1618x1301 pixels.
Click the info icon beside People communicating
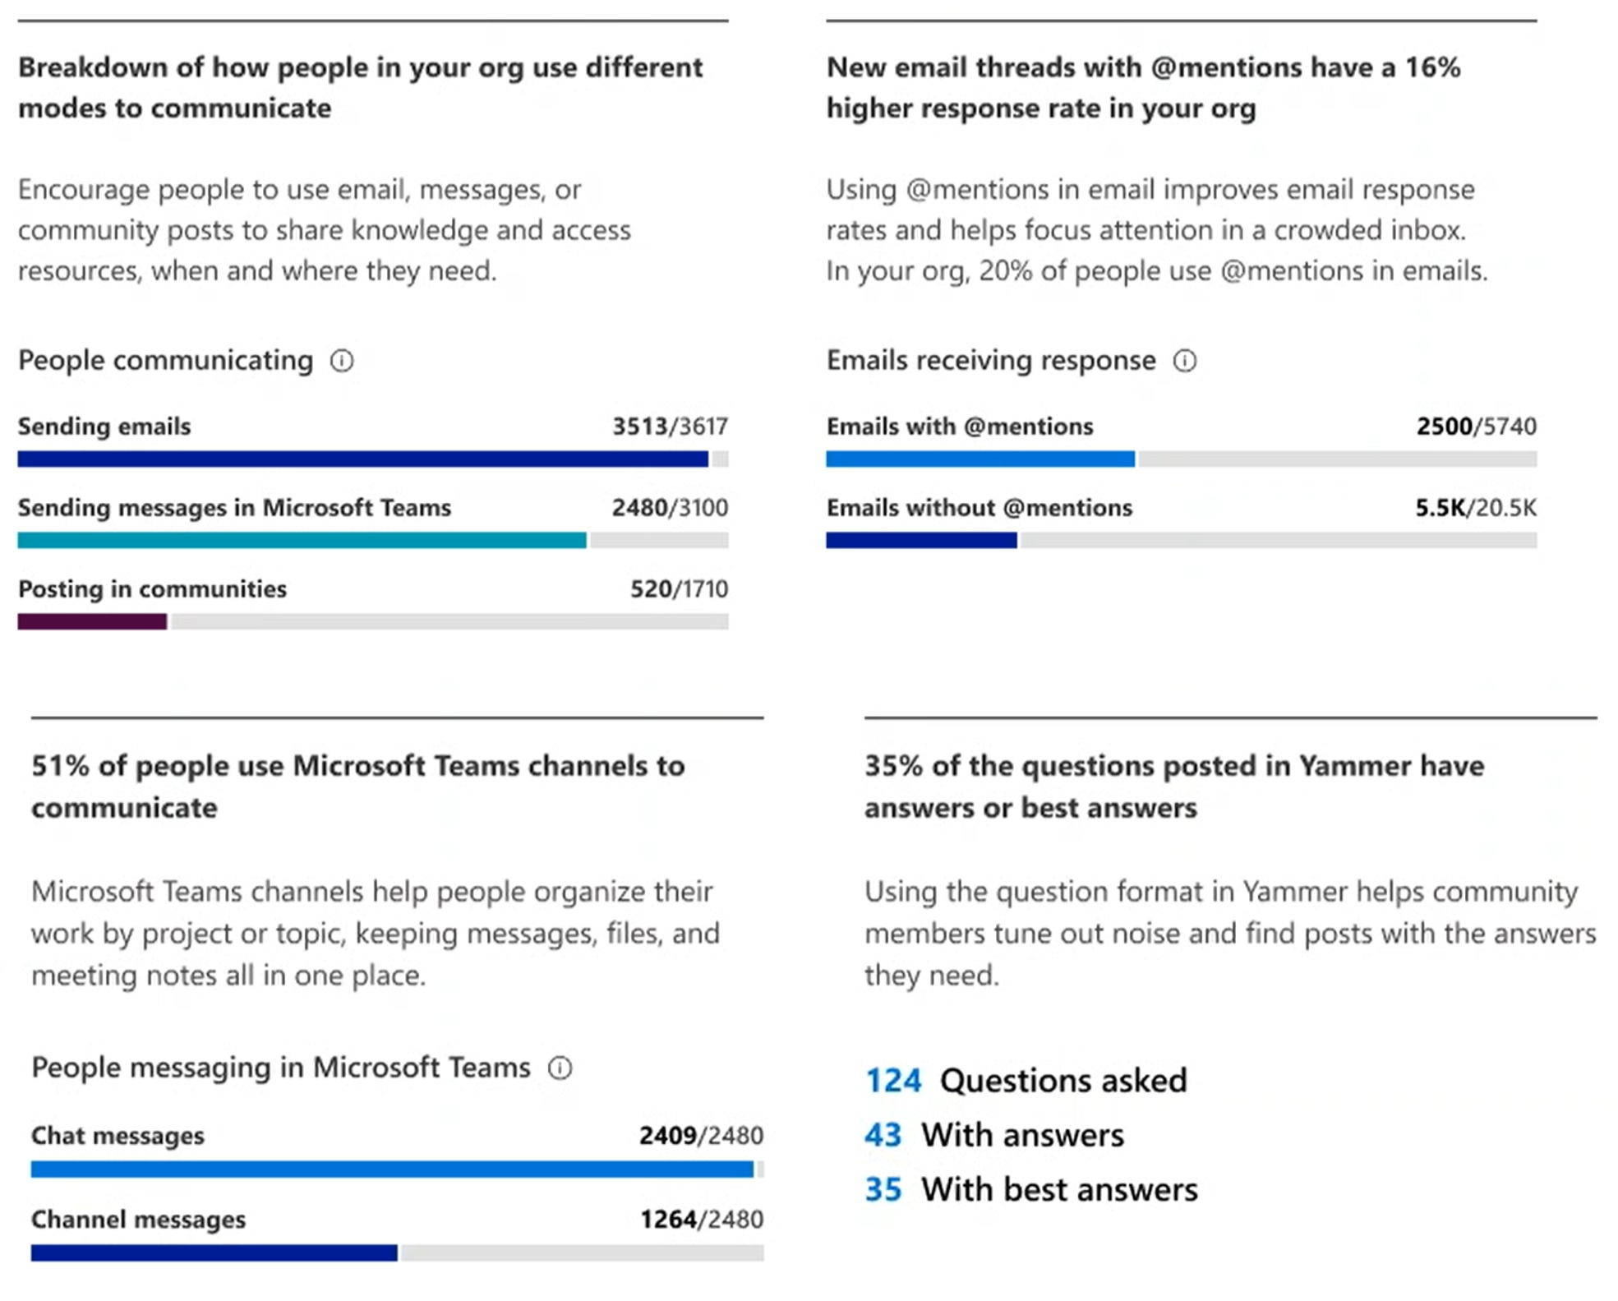[x=342, y=361]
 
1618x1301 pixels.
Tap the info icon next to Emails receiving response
[x=1184, y=361]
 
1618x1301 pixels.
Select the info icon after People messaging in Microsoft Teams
[x=560, y=1068]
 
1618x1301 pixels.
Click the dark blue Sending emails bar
[x=362, y=459]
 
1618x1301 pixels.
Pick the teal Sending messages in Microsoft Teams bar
[x=302, y=540]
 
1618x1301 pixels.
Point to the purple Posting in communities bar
[x=92, y=621]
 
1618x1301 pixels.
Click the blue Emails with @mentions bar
[x=980, y=459]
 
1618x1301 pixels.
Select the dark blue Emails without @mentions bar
[x=921, y=540]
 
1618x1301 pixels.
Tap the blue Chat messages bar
[x=392, y=1169]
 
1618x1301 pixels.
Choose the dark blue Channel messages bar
[x=214, y=1253]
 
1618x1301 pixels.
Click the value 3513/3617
[x=670, y=427]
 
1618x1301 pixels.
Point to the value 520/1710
[x=679, y=589]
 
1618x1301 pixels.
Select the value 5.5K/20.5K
[x=1475, y=508]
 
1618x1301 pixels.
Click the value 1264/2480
[x=701, y=1220]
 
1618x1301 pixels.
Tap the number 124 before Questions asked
[x=893, y=1081]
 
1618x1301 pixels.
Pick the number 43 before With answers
[x=883, y=1135]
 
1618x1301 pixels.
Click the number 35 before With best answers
[x=883, y=1189]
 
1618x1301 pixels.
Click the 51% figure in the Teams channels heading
[x=60, y=766]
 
